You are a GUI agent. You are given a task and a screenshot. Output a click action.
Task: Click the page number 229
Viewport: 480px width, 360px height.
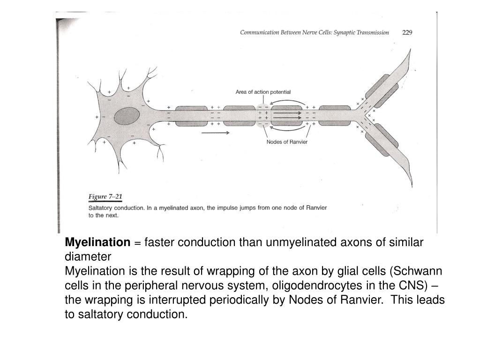(x=407, y=33)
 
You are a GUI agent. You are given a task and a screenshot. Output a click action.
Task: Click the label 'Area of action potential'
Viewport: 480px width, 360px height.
(x=263, y=92)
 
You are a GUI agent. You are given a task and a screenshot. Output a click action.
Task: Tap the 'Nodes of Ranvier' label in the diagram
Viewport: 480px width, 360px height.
(x=287, y=142)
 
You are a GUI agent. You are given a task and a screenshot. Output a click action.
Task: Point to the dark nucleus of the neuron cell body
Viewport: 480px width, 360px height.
(x=127, y=116)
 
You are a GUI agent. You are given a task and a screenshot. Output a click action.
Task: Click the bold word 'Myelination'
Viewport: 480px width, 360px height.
(x=97, y=242)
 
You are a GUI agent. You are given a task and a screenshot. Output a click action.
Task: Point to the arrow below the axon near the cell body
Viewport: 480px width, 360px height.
(x=215, y=133)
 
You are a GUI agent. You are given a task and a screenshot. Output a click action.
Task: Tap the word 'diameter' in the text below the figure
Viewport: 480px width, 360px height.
(x=88, y=257)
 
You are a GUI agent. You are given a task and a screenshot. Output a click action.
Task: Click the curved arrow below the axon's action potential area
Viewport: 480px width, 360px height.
(x=287, y=127)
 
